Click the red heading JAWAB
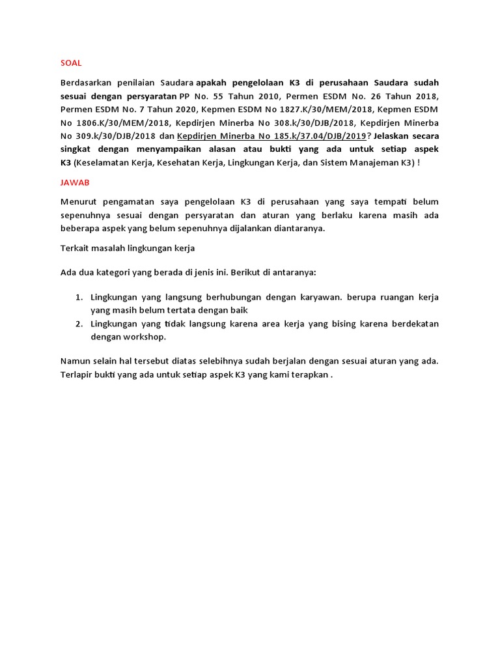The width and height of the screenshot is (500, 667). pos(74,183)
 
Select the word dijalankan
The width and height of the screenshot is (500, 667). pos(251,229)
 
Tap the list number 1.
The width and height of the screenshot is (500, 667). pos(78,297)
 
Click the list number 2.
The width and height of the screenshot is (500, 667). pos(78,324)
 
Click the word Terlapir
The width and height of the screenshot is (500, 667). pos(77,375)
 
